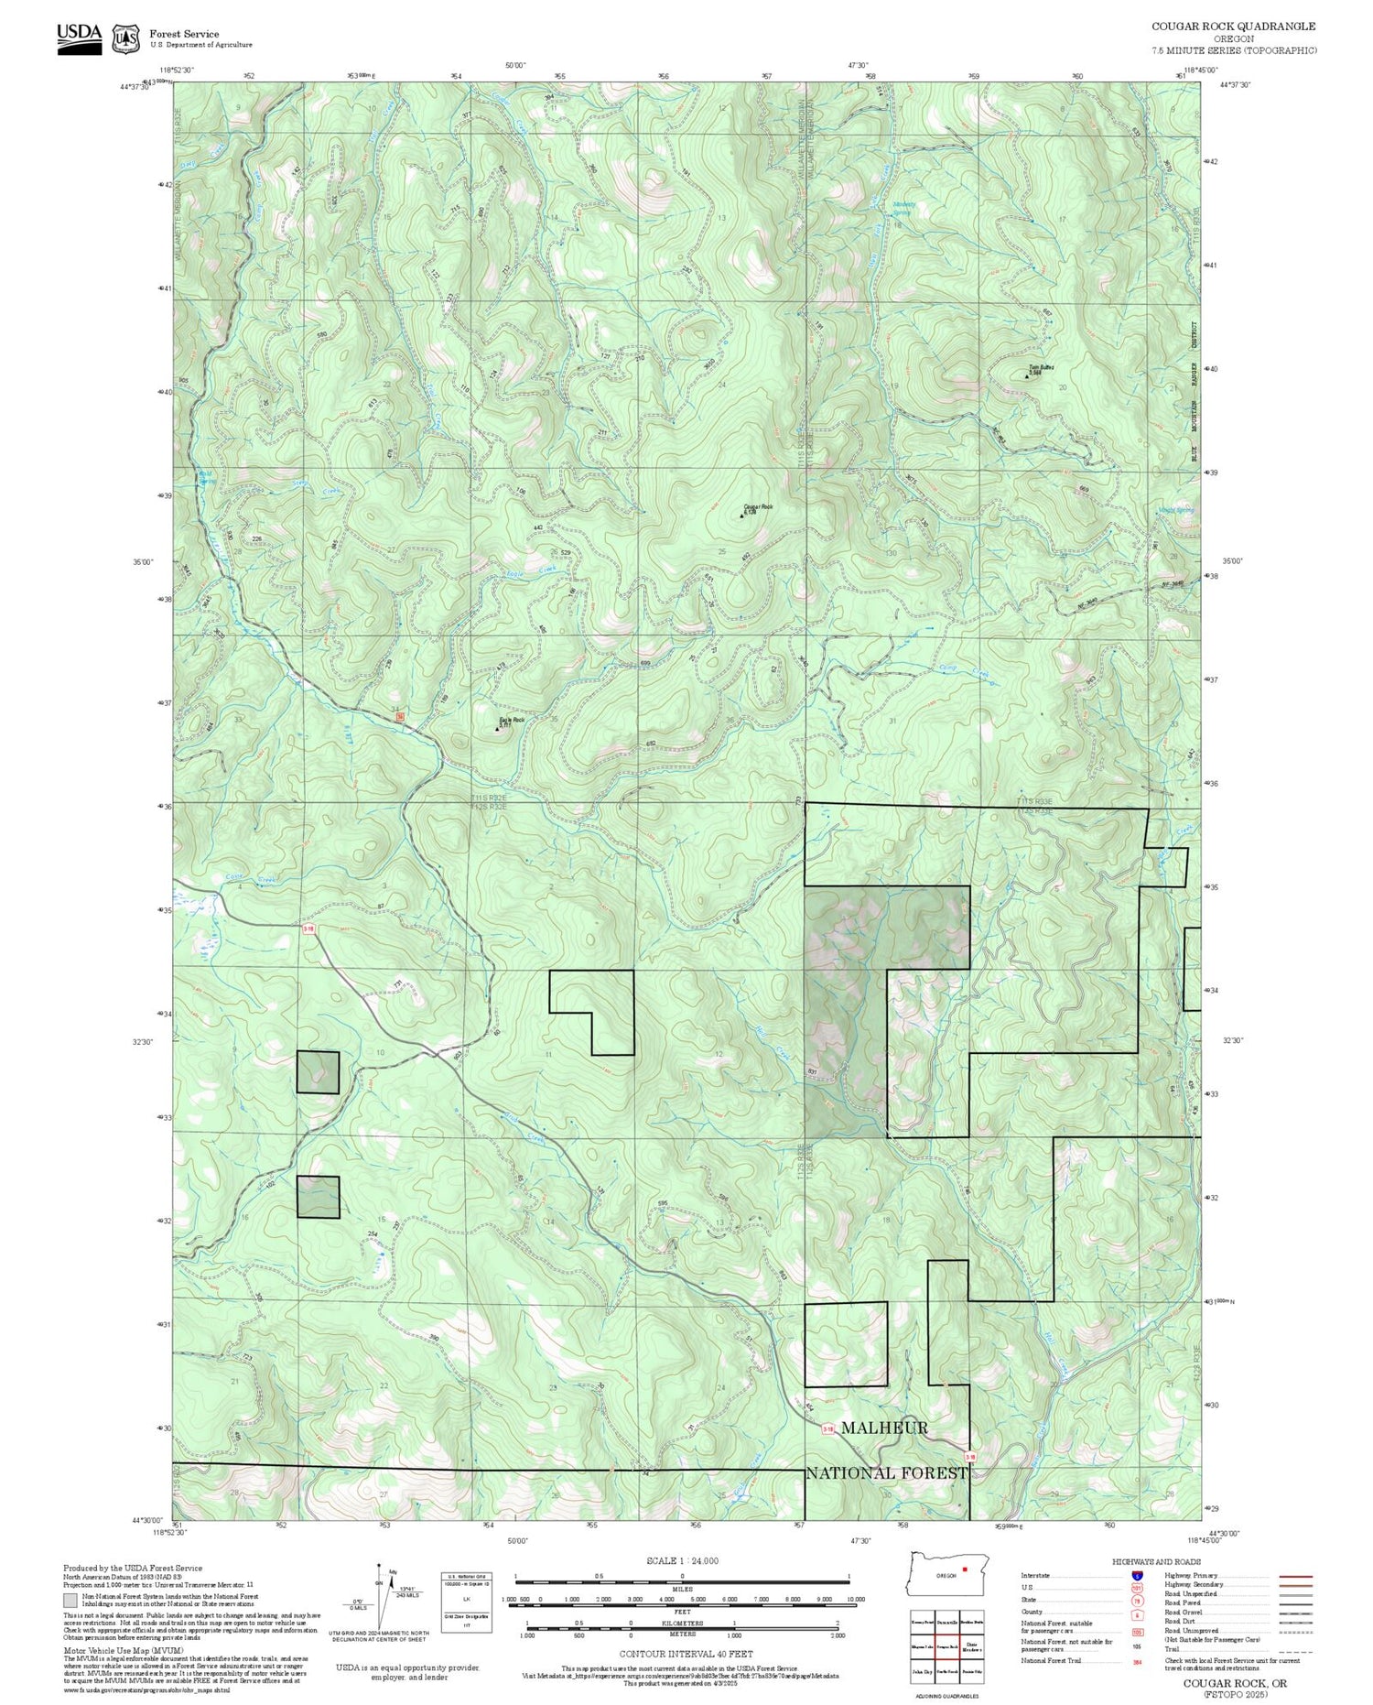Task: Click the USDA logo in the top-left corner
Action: point(80,38)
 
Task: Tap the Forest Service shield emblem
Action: point(124,39)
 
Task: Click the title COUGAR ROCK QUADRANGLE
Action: point(1233,27)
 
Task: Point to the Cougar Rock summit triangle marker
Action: point(741,516)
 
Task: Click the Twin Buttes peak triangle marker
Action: point(1026,375)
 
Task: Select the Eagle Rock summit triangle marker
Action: point(497,729)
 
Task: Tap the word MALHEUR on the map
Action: point(883,1428)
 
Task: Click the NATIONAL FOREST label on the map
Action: point(886,1472)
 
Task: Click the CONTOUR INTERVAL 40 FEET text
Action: point(686,1654)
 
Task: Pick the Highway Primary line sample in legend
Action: point(1289,1577)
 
